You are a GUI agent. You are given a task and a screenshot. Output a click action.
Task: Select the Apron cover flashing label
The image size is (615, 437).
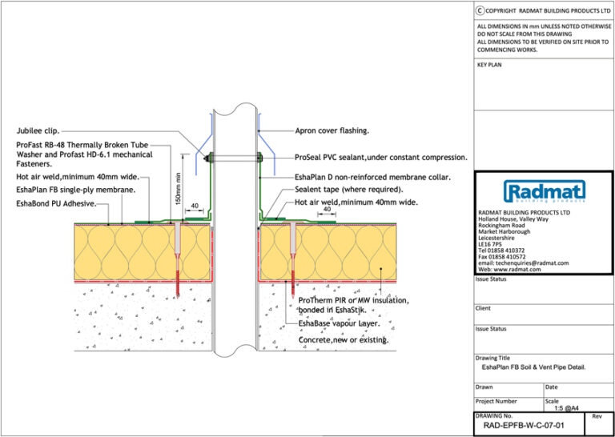pos(332,130)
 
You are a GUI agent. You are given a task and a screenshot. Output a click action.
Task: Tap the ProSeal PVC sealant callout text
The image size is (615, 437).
pos(380,158)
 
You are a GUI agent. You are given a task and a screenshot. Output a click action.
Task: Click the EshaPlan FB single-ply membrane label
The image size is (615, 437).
pos(75,190)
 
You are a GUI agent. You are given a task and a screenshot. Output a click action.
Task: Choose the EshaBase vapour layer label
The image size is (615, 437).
pos(339,324)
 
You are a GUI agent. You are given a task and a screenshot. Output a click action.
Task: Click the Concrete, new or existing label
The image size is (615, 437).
pos(344,340)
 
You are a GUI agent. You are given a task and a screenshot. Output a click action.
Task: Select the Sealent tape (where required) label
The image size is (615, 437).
pos(348,190)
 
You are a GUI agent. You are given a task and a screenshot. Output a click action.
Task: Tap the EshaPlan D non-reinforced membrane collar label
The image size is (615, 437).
pos(372,177)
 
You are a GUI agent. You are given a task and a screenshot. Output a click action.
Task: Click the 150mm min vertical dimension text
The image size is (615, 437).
pos(179,186)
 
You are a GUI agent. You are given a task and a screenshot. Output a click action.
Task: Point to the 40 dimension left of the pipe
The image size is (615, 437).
pos(195,206)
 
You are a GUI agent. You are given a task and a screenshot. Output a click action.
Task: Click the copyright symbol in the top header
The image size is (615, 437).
pos(480,10)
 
